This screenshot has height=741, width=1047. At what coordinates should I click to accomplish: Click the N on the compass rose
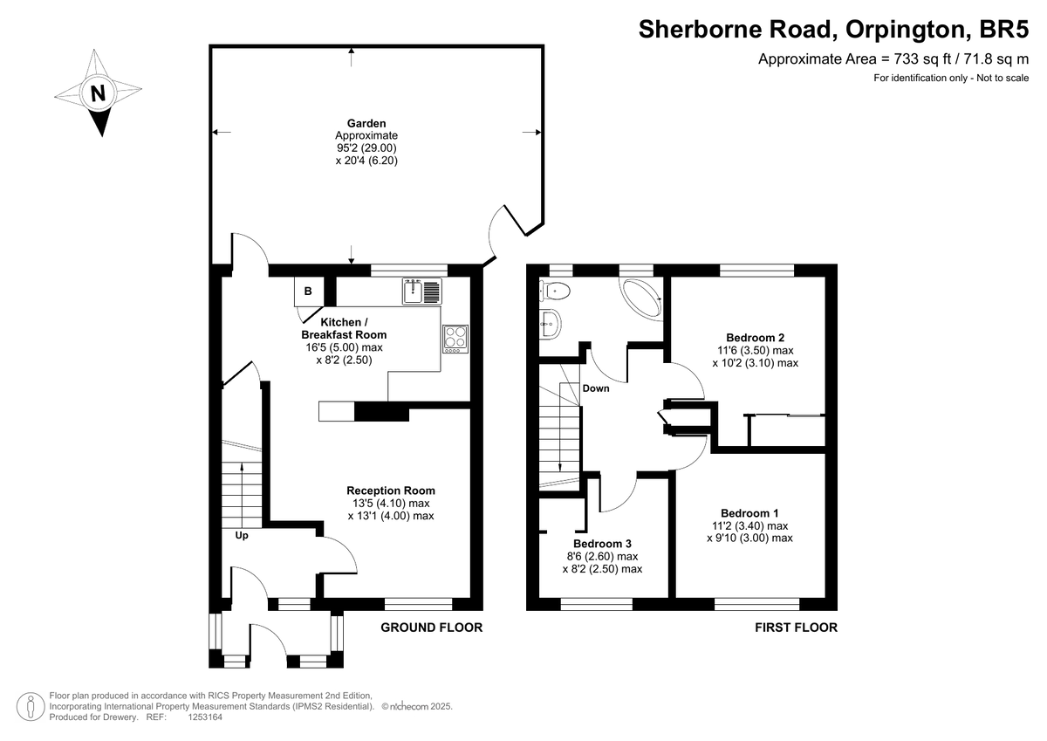coord(98,93)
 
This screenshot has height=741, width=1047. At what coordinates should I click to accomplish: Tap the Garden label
coord(366,123)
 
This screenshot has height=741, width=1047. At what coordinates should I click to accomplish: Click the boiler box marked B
coord(309,292)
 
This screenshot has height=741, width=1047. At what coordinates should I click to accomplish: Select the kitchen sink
coord(422,291)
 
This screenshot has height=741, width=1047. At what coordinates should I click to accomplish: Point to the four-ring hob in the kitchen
coord(455,339)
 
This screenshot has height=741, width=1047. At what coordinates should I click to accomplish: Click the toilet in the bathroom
coord(554,292)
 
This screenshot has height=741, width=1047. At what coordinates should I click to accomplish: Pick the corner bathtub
coord(641,299)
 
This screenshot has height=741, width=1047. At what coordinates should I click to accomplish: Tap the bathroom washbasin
coord(551,323)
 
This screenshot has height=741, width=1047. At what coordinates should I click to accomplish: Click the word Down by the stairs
coord(596,388)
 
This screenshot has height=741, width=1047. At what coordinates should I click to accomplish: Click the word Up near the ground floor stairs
coord(242,535)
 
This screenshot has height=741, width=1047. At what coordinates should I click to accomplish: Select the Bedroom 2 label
coord(756,338)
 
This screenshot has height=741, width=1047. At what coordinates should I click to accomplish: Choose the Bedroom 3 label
coord(603,544)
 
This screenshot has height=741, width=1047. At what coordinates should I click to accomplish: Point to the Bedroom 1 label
coord(749,513)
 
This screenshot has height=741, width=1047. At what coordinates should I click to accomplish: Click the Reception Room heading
coord(391,491)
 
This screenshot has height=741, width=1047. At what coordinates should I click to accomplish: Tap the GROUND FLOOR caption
coord(431,628)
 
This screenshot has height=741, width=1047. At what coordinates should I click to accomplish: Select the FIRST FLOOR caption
coord(797,628)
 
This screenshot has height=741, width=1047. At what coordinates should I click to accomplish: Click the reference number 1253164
coord(205,717)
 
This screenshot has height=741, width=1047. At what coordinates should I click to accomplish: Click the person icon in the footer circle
coord(31,706)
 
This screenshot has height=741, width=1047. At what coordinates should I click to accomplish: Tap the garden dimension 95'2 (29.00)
coord(367,148)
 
